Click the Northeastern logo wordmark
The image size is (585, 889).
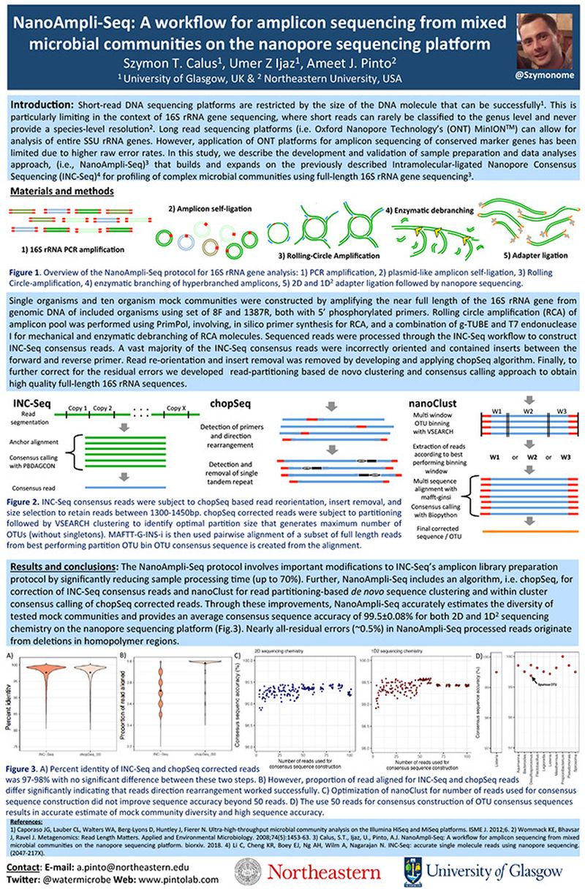coord(320,871)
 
